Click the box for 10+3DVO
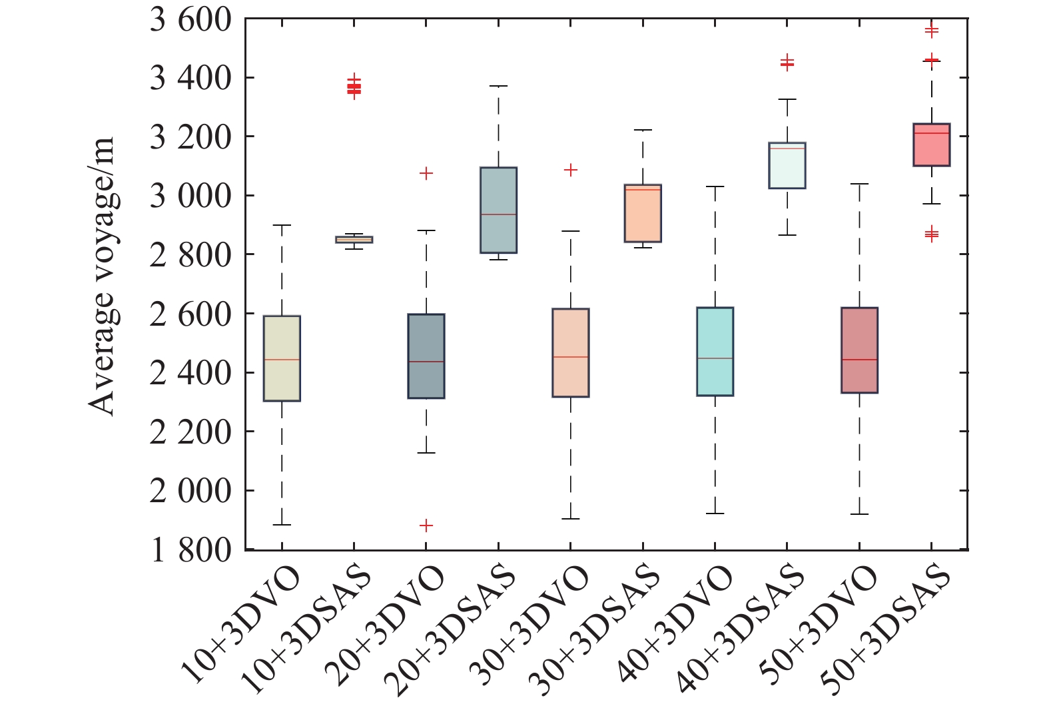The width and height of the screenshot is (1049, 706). pyautogui.click(x=282, y=358)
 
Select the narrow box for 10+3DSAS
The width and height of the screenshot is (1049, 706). pyautogui.click(x=354, y=239)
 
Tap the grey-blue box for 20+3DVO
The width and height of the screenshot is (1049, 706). pyautogui.click(x=426, y=356)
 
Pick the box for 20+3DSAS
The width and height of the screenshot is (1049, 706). pyautogui.click(x=498, y=210)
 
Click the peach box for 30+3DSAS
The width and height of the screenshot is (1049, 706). pyautogui.click(x=643, y=213)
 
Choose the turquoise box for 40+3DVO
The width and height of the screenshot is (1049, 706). pyautogui.click(x=715, y=352)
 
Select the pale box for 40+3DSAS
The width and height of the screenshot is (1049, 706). pyautogui.click(x=787, y=166)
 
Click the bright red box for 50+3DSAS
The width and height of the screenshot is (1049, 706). pyautogui.click(x=931, y=145)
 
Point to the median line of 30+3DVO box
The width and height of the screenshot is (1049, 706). pyautogui.click(x=571, y=357)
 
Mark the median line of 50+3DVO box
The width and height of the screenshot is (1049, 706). pyautogui.click(x=859, y=360)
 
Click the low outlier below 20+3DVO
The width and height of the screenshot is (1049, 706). pyautogui.click(x=426, y=526)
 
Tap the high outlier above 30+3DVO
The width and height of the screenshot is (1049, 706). pyautogui.click(x=571, y=170)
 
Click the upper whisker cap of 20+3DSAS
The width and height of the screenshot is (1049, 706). pyautogui.click(x=498, y=86)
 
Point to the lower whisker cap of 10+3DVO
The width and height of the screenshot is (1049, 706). pyautogui.click(x=282, y=525)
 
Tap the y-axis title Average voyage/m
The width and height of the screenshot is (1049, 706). pyautogui.click(x=102, y=277)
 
